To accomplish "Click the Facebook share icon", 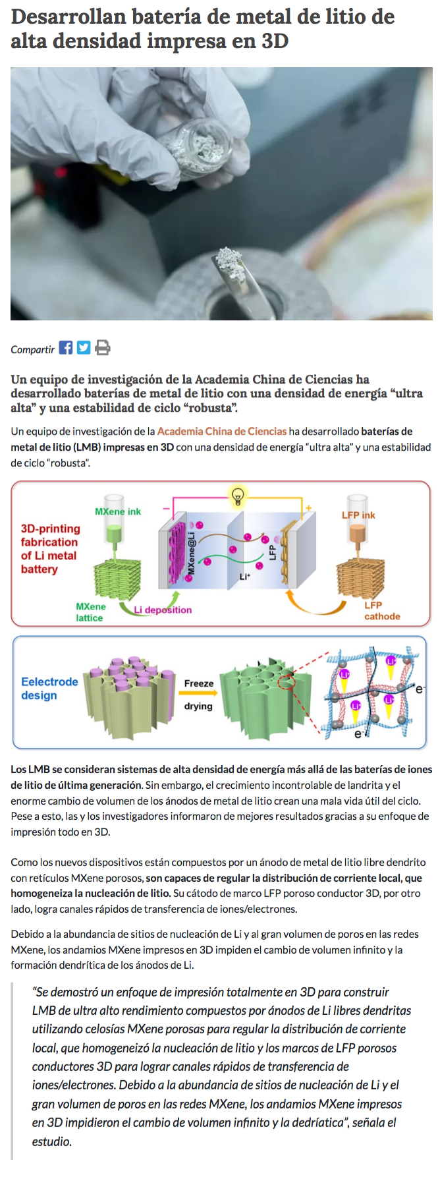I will coord(66,347).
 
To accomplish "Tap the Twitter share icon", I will coord(84,347).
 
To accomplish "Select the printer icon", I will coord(102,347).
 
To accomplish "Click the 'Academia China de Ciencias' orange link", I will coord(222,432).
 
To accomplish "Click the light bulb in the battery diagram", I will coord(238,496).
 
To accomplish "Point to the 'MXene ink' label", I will coord(118,511).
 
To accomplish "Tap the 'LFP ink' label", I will coord(358,515).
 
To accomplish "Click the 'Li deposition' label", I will coord(163,610).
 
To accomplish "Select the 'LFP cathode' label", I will coord(382,610).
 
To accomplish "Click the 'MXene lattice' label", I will coord(90,612).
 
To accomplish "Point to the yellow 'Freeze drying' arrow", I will coord(198,693).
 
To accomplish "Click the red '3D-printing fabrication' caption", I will coord(50,548).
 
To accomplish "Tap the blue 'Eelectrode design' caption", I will coord(49,688).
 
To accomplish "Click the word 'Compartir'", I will coord(32,349).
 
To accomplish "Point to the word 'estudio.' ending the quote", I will coord(52,1141).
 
